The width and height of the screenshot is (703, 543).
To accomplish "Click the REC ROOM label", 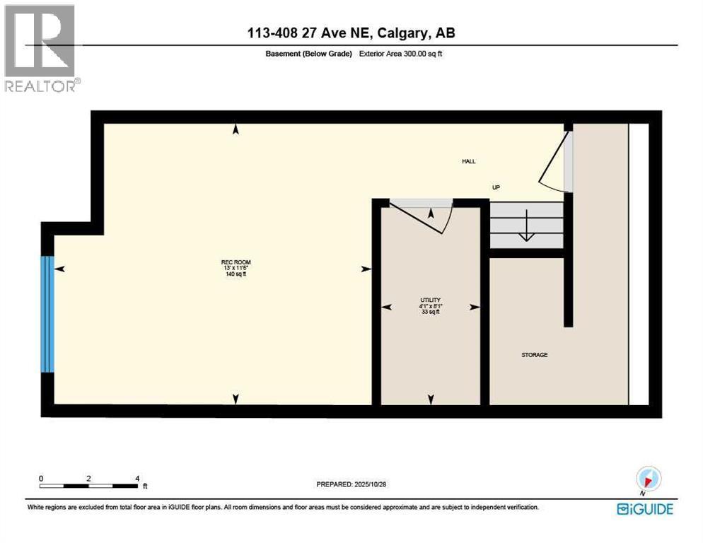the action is coord(236,262).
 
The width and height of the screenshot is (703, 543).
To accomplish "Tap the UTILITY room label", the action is coord(431,300).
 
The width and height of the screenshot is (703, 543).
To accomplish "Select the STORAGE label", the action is coord(535,355).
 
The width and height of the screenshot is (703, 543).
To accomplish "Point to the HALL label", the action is coord(468,161).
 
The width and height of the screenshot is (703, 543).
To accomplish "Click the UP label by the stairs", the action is coord(496,187).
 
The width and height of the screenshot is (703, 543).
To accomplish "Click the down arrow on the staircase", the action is coord(526,226).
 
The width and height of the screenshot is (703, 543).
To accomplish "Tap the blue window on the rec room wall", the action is coord(47,314).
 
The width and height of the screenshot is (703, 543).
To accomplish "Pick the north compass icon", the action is coord(649,479).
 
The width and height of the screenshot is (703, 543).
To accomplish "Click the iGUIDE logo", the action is coord(645,509).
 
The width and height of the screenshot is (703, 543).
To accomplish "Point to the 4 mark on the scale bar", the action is coord(137,479).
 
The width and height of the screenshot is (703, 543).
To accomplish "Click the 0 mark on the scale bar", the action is coord(41,479).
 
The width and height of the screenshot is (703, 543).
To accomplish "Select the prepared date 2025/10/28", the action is coord(370,484).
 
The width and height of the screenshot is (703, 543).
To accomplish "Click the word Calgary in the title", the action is coord(402,33).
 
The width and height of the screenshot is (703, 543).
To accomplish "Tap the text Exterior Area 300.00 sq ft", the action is coord(400,53).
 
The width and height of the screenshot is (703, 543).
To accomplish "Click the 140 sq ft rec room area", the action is coord(236,274).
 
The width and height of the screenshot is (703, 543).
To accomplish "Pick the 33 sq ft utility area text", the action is coord(431,312).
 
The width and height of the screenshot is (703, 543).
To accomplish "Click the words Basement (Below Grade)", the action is coord(308,54).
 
